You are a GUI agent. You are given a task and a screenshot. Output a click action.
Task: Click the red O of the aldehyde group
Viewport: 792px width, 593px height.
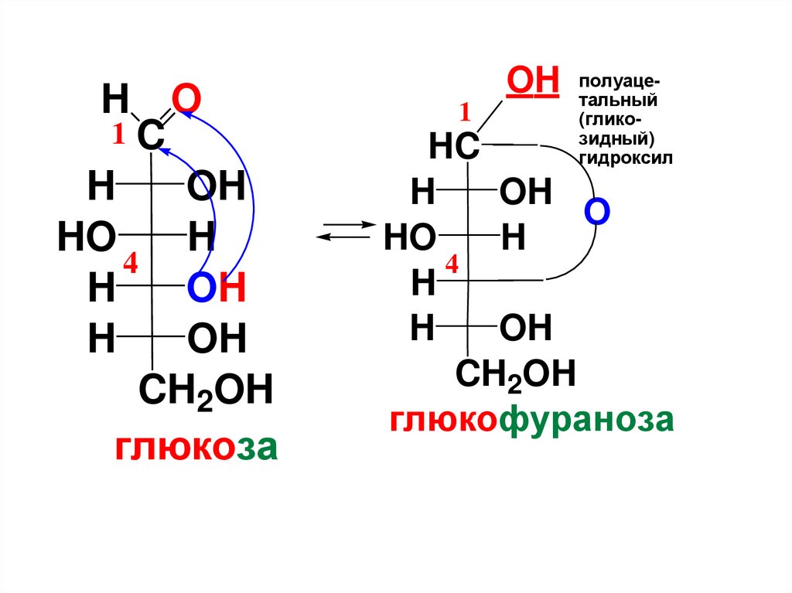pos(186,100)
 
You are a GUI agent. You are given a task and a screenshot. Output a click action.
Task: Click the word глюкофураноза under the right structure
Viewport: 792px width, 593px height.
pos(531,421)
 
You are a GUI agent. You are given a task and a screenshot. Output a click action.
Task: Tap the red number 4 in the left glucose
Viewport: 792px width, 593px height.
pos(130,264)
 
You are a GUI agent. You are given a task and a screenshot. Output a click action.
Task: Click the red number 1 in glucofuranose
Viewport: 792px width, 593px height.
pos(466,114)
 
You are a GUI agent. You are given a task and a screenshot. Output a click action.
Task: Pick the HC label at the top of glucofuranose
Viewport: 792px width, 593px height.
pos(453,147)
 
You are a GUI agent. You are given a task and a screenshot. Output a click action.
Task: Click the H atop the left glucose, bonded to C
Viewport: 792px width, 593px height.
pos(115,100)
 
